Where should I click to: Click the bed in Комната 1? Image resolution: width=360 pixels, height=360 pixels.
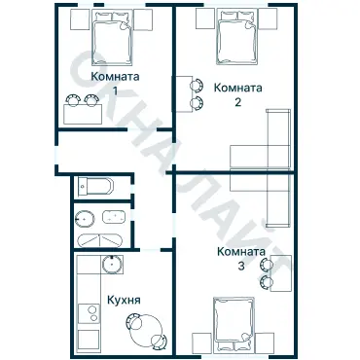(x=112, y=37)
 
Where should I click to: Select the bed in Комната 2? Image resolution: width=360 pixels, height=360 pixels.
(x=237, y=37)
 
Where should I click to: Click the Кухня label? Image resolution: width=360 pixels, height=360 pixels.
(x=124, y=300)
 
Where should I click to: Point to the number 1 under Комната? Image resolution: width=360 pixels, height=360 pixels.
(x=115, y=91)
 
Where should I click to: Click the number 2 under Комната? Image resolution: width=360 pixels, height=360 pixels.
(x=237, y=102)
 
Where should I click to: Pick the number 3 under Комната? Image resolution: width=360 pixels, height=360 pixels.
(x=241, y=267)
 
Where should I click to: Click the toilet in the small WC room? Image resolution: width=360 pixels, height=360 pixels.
(x=96, y=187)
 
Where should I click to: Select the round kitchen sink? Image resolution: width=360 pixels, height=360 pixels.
(x=112, y=265)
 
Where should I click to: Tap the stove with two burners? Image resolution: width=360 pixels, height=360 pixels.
(x=89, y=313)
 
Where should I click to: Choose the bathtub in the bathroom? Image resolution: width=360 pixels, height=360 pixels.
(x=99, y=240)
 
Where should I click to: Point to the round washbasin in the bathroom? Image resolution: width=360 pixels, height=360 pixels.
(x=85, y=219)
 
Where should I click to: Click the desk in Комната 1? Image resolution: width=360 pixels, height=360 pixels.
(x=83, y=114)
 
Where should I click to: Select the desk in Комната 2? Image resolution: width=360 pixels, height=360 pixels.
(x=182, y=94)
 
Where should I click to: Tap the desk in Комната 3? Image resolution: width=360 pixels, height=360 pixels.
(x=281, y=273)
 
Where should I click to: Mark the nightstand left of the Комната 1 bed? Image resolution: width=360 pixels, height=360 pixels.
(x=80, y=19)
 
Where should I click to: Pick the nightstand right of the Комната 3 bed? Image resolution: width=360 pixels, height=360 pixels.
(x=265, y=342)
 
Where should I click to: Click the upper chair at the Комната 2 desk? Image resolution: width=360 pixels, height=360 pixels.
(x=197, y=86)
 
